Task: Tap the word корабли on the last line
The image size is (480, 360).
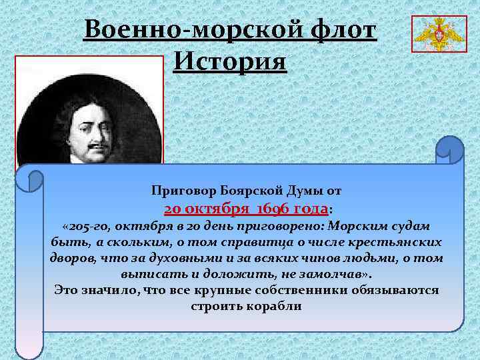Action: (273, 306)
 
